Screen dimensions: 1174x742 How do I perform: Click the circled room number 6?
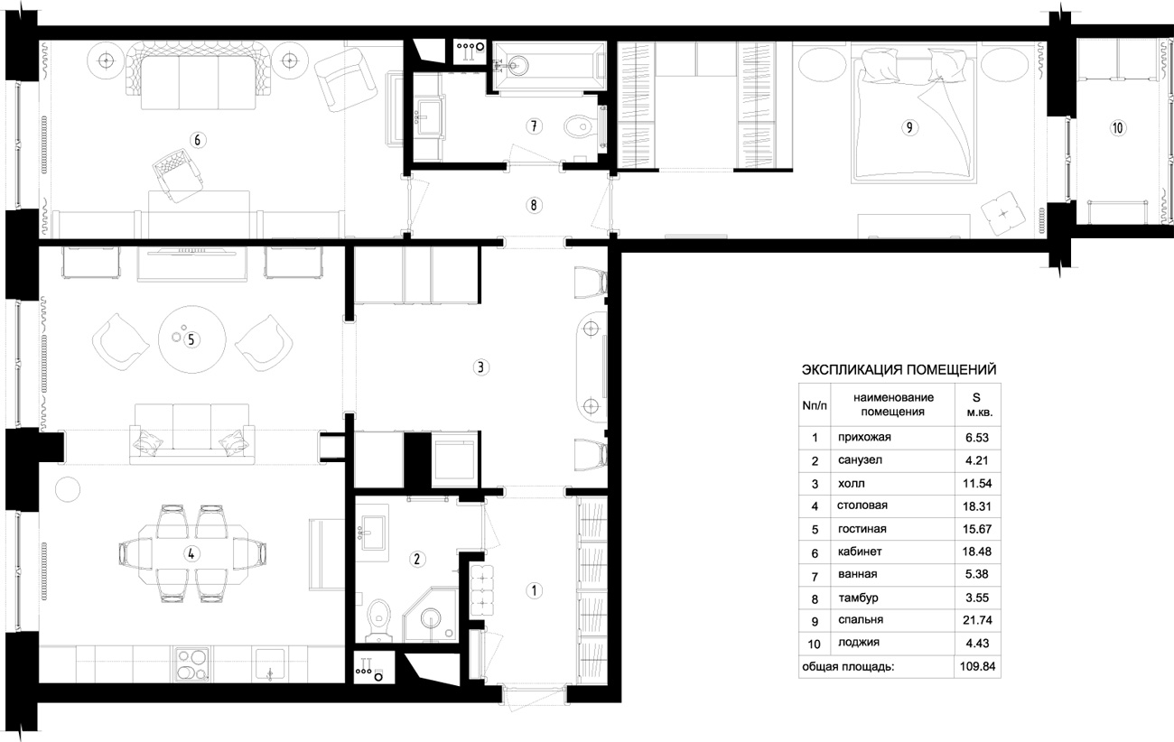coord(198,140)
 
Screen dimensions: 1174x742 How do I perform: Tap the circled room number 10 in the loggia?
coord(1117,128)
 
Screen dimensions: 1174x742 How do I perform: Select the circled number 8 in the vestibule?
coord(534,205)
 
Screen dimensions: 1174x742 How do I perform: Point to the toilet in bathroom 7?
coord(581,126)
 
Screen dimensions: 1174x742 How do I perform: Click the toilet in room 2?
coord(378,620)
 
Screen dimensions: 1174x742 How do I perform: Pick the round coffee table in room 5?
coord(191,339)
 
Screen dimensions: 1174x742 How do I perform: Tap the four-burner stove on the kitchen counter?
coord(192,664)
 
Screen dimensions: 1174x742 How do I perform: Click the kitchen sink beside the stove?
coord(270,664)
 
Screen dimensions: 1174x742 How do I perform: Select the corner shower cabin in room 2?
coord(430,615)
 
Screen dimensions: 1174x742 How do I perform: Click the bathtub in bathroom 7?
coord(549,66)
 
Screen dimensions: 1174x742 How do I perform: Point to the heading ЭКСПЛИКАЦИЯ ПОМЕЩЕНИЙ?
coord(899,370)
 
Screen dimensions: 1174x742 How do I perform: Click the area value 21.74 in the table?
coord(977,620)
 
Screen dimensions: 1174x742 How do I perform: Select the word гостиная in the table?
coord(862,529)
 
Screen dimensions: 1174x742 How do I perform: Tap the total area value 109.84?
coord(977,667)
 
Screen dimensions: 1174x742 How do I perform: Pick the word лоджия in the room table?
coord(859,643)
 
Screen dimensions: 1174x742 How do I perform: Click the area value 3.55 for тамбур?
coord(977,598)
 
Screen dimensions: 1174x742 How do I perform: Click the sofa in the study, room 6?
coord(198,77)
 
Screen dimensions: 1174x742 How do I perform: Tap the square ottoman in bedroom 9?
coord(1003,213)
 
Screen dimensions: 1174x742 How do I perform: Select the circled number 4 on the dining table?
coord(191,554)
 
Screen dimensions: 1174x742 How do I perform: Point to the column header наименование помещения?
coord(893,404)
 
